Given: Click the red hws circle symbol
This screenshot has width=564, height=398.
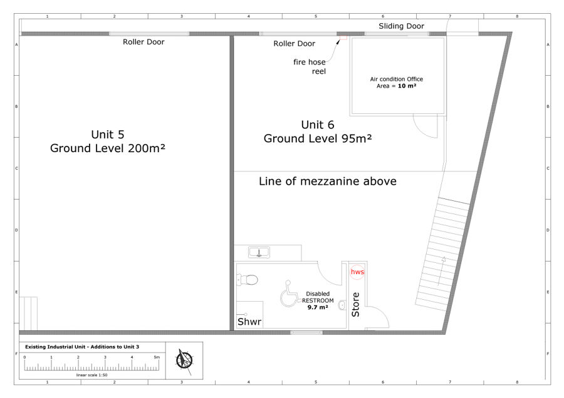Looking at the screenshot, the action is (x=357, y=272).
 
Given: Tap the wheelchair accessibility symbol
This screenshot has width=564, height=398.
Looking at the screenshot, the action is (x=290, y=294).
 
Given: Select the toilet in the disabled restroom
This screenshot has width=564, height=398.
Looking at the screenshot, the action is (x=248, y=280).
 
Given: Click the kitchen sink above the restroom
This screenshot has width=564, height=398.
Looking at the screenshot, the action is (x=259, y=252).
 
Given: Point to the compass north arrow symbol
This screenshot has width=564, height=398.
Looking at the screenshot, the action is (x=184, y=360).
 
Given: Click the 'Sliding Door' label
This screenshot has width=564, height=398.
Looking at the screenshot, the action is (x=401, y=26).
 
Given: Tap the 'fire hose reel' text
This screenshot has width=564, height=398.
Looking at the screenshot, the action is (x=310, y=66).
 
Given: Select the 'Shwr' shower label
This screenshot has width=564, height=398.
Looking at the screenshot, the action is (x=249, y=322).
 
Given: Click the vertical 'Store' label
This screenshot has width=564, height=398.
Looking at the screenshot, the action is (x=355, y=305).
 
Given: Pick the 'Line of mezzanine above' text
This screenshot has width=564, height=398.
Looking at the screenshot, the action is (x=328, y=181).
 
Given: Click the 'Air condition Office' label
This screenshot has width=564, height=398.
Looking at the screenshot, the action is (x=397, y=79).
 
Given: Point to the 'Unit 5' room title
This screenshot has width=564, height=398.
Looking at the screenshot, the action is (x=108, y=135).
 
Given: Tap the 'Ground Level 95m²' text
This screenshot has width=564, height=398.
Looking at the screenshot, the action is (x=318, y=138).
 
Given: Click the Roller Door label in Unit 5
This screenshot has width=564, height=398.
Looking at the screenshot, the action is (x=144, y=42).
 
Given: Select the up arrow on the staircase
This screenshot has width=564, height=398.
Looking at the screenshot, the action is (x=441, y=271).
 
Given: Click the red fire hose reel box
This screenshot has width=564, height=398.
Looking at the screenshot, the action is (x=343, y=38).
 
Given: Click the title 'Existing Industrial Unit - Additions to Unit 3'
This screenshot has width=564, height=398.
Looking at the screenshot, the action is (x=82, y=347).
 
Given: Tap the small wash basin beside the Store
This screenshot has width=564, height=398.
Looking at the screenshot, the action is (x=342, y=305).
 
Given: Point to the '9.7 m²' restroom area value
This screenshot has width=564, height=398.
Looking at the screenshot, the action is (x=318, y=307).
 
